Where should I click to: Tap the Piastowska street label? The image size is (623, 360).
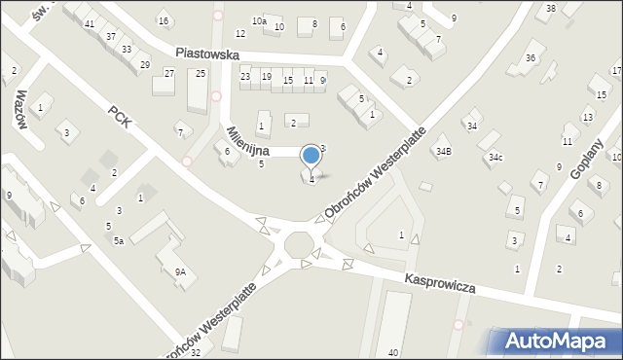point(207,55)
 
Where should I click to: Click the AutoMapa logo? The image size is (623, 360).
point(558,341)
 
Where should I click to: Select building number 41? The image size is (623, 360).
point(90,23)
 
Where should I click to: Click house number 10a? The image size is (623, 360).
point(259,20)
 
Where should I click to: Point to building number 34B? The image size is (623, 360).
point(444,151)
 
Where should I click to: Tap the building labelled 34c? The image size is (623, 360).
point(495,157)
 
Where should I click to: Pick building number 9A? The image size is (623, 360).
point(180,272)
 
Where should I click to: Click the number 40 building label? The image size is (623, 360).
point(392,352)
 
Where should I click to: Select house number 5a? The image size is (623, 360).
point(118,240)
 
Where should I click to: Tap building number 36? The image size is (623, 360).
point(531,57)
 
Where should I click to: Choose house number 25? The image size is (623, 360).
point(201,74)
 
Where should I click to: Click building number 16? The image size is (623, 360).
point(163,21)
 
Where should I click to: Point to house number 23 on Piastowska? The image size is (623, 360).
point(245,76)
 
